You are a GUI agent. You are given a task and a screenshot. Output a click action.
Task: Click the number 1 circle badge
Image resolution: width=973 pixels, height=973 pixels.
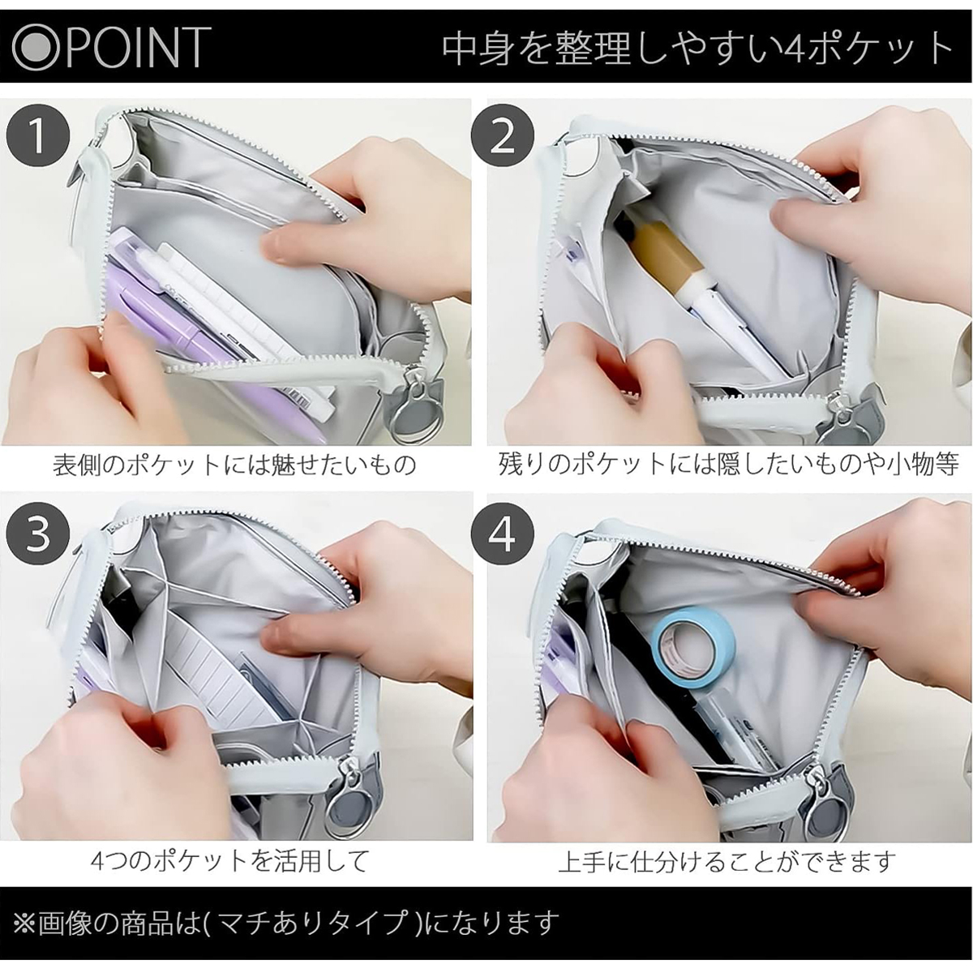pos(37,136)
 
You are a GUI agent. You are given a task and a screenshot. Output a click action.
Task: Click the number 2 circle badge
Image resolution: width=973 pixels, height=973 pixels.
pos(503,136)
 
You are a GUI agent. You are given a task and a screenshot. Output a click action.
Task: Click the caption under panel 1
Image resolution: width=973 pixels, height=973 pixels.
pos(235,465)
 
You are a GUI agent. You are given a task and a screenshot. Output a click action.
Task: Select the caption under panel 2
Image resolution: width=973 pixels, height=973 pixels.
pos(728,464)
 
